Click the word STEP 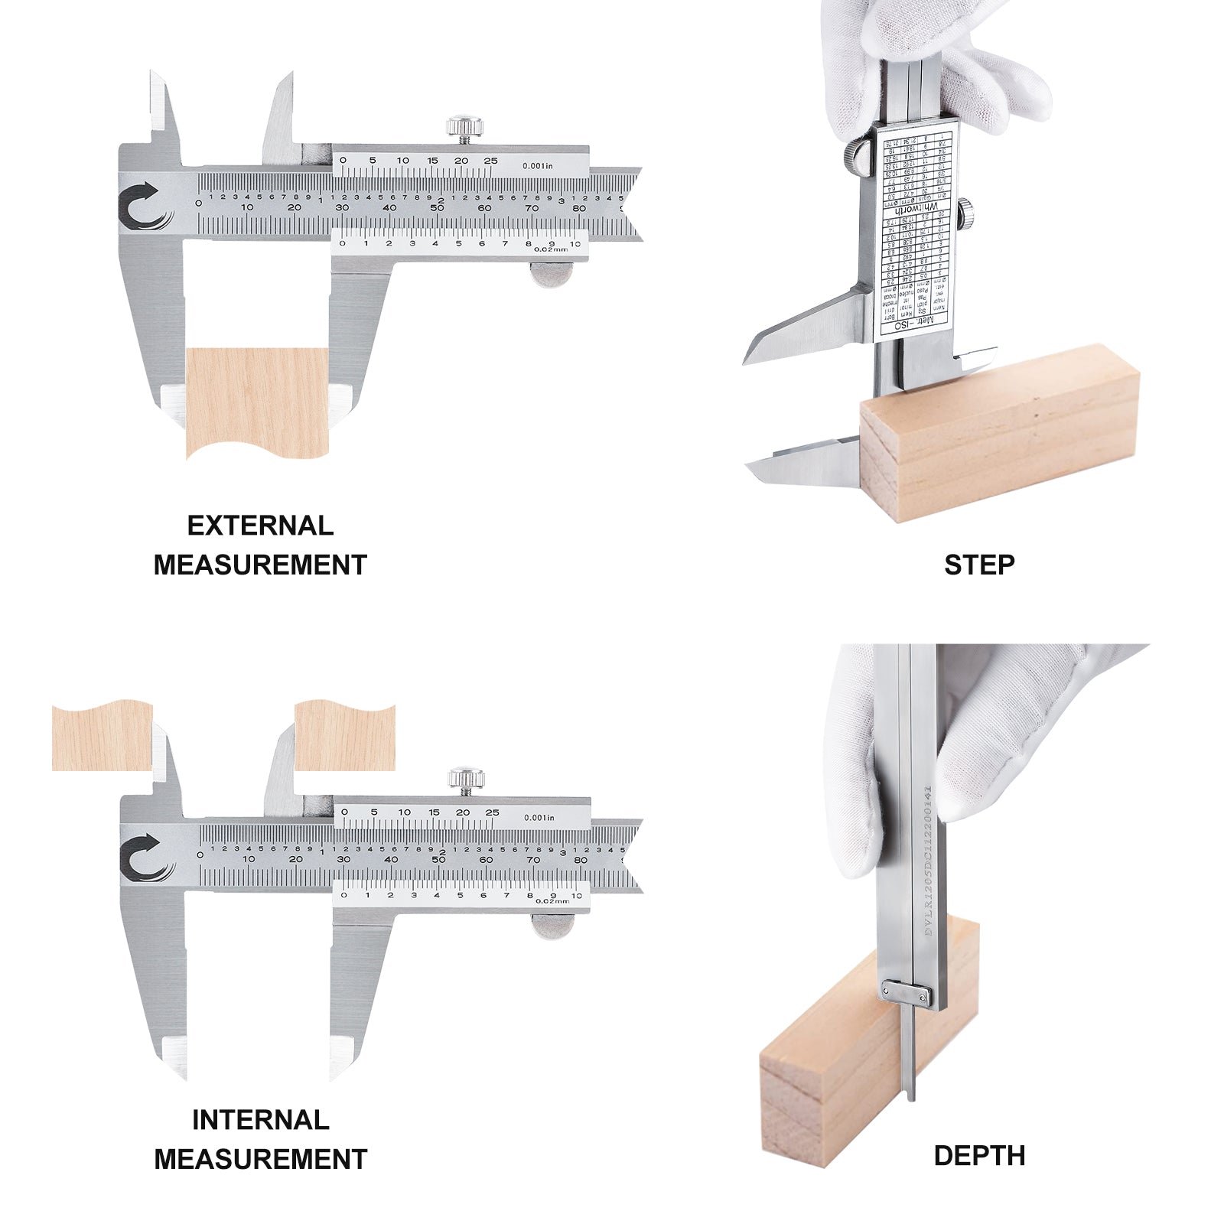pyautogui.click(x=978, y=565)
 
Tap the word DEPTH pyautogui.click(x=979, y=1156)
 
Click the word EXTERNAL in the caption pyautogui.click(x=260, y=526)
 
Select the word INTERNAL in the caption pyautogui.click(x=260, y=1120)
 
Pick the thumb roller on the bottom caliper pyautogui.click(x=553, y=926)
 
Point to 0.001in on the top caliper pyautogui.click(x=538, y=165)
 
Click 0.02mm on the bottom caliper pyautogui.click(x=552, y=901)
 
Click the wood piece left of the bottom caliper pyautogui.click(x=102, y=736)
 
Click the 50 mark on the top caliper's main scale pyautogui.click(x=437, y=207)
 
